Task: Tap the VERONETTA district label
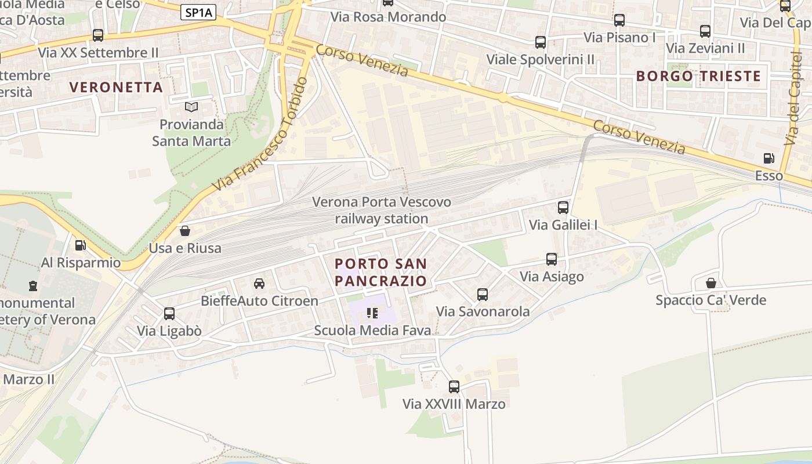click(116, 87)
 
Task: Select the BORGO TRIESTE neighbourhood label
click(698, 76)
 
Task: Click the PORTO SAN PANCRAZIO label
click(381, 272)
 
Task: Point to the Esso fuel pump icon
click(769, 158)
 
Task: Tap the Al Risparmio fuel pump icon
click(80, 245)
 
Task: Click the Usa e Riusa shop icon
click(185, 231)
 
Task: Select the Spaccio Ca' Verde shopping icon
click(710, 283)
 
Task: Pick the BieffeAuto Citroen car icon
click(259, 284)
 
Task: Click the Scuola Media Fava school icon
click(372, 313)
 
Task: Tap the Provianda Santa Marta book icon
click(191, 107)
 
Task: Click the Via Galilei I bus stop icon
click(563, 207)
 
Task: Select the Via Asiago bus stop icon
click(551, 259)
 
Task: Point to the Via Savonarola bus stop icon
click(483, 294)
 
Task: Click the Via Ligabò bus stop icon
click(169, 313)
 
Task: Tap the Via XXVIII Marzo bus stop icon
click(454, 386)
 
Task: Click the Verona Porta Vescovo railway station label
click(382, 211)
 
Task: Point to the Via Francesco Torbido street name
click(260, 135)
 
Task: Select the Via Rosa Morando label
click(388, 17)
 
